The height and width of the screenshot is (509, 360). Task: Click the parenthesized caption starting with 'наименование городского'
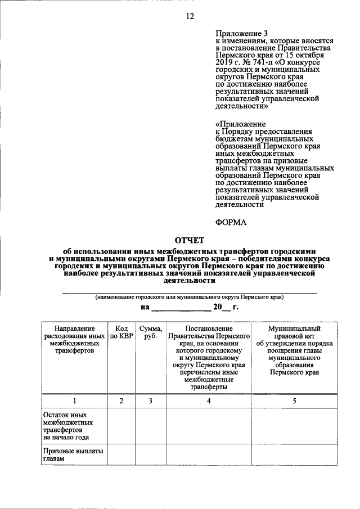pyautogui.click(x=189, y=296)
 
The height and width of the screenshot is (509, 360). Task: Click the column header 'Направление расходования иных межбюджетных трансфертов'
pyautogui.click(x=74, y=339)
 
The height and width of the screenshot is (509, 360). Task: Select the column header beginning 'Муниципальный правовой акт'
pyautogui.click(x=294, y=349)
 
